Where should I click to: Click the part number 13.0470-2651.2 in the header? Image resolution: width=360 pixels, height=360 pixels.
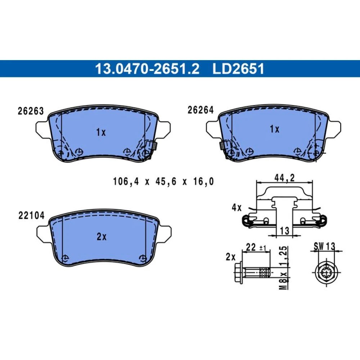coord(147,69)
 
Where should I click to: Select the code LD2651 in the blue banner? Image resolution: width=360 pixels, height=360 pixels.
coord(239,69)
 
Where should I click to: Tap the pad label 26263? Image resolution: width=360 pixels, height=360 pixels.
coord(31,111)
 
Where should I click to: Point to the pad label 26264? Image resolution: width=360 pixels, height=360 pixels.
coord(201,110)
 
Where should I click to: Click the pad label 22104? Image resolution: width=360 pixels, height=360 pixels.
coord(31,216)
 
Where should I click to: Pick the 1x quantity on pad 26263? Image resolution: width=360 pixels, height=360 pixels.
coord(101,132)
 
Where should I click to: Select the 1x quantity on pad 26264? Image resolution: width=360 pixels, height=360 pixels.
coord(275,129)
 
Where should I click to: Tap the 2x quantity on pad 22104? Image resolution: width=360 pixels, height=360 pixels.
coord(102,237)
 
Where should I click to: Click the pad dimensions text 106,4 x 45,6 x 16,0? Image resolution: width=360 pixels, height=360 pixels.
coord(163,181)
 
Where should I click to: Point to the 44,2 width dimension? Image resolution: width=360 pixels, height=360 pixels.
coord(284,178)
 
